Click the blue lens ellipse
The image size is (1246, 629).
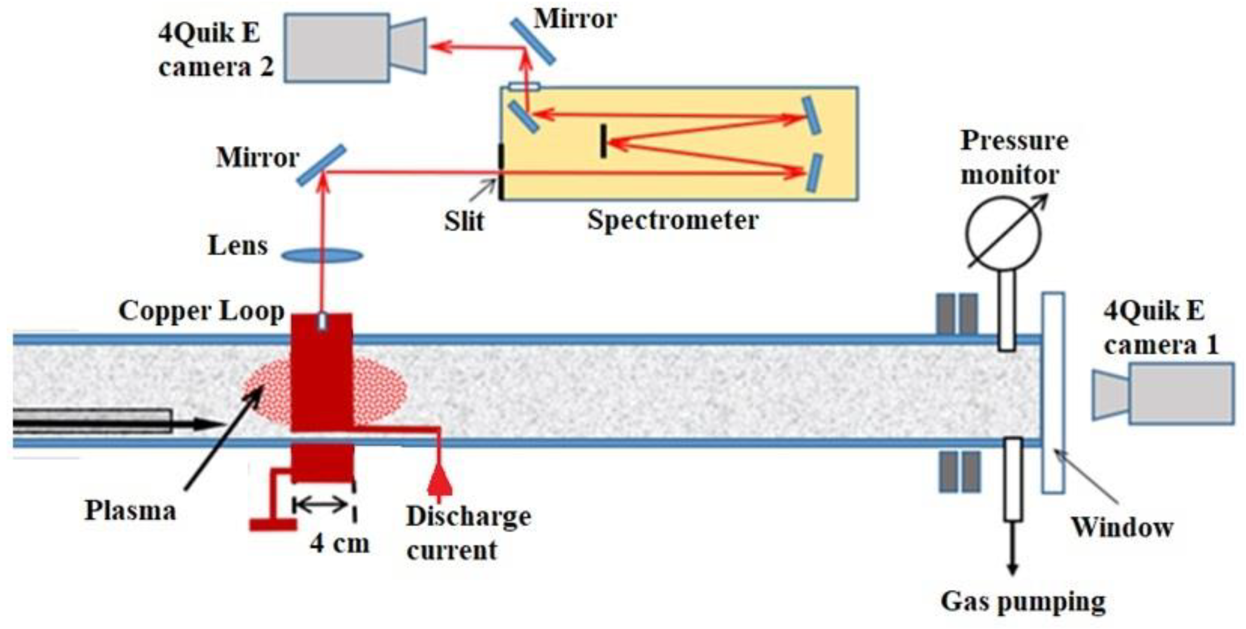[322, 255]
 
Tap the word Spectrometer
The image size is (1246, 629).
[672, 221]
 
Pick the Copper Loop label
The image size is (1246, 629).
[201, 311]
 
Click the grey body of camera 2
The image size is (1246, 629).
[337, 47]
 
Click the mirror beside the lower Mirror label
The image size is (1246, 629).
[321, 165]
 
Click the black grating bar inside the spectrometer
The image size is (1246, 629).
[603, 141]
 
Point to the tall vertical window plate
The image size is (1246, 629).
[1053, 392]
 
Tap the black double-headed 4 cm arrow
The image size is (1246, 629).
[320, 505]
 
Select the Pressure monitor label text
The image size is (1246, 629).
[1014, 157]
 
